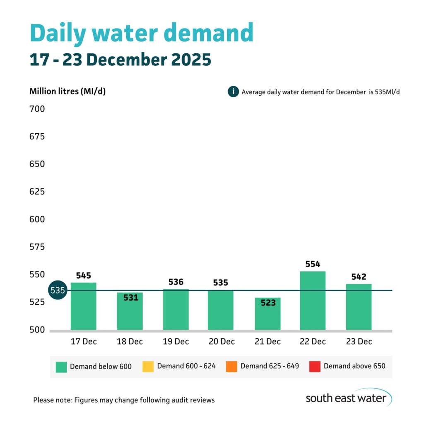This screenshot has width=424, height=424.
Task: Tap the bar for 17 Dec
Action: point(83,306)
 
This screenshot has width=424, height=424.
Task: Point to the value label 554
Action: point(313,264)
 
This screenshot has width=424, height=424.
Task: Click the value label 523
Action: point(268,303)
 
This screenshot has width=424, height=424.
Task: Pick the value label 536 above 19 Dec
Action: point(176,282)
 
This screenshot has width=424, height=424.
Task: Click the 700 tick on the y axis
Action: point(37,109)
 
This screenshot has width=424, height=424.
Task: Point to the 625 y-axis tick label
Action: point(37,192)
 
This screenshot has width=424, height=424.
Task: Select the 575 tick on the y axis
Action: point(37,247)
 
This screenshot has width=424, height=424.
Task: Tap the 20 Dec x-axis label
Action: point(221,342)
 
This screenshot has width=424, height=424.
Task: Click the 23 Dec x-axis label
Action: point(359,342)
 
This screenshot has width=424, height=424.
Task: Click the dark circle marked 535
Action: point(58,290)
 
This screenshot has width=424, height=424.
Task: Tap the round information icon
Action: point(233,92)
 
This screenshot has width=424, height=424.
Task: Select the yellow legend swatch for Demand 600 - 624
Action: point(148,366)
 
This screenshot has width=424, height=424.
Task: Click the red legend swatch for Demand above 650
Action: point(315,366)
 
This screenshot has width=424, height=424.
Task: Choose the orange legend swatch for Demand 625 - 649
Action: point(231,366)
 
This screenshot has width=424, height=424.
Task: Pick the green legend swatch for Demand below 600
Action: point(61,366)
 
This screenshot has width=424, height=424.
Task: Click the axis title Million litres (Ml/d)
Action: point(67,92)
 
